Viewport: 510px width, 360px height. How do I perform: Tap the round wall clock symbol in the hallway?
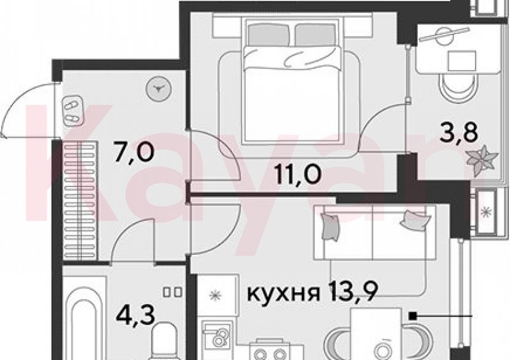click(159, 89)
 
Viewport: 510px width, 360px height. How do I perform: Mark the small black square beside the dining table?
click(411, 316)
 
